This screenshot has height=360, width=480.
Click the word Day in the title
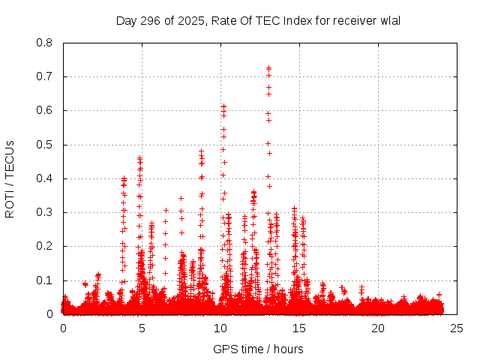click(126, 20)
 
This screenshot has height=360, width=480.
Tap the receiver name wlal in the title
click(390, 20)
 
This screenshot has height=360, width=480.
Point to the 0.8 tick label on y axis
click(44, 43)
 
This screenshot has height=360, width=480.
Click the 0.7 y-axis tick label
click(44, 76)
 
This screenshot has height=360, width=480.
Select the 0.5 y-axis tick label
click(44, 145)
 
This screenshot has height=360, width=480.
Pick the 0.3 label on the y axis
click(44, 212)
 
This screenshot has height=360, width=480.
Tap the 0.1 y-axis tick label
click(44, 280)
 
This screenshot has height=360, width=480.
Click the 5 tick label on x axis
click(142, 328)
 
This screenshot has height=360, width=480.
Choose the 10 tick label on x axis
click(220, 328)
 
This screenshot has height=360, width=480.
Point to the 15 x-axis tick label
click(299, 328)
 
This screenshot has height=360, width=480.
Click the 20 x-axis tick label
click(378, 328)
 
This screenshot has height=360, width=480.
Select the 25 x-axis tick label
click(457, 328)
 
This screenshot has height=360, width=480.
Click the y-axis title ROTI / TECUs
click(10, 178)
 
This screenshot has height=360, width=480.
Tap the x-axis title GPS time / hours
click(259, 349)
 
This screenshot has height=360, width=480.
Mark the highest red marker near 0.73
click(268, 68)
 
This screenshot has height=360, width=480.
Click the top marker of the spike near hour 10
click(223, 106)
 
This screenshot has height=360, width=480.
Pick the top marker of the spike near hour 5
click(140, 157)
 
